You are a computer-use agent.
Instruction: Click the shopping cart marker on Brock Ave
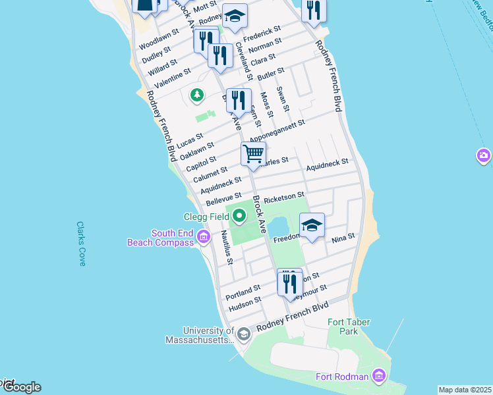tap(253, 155)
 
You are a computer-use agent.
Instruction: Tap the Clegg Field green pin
tap(239, 215)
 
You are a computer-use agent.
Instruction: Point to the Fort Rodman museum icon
tap(378, 376)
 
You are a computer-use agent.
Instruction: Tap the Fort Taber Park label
tap(349, 327)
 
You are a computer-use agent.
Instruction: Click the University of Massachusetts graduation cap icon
tap(243, 334)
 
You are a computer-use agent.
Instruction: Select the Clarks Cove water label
tap(82, 244)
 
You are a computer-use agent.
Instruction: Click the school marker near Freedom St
tap(312, 226)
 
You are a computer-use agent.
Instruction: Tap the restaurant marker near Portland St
tap(290, 282)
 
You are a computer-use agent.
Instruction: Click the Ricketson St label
tap(283, 196)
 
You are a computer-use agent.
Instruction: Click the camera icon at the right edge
tap(483, 156)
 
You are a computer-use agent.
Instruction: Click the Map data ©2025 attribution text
tap(465, 390)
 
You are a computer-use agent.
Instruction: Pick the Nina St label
tap(343, 236)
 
